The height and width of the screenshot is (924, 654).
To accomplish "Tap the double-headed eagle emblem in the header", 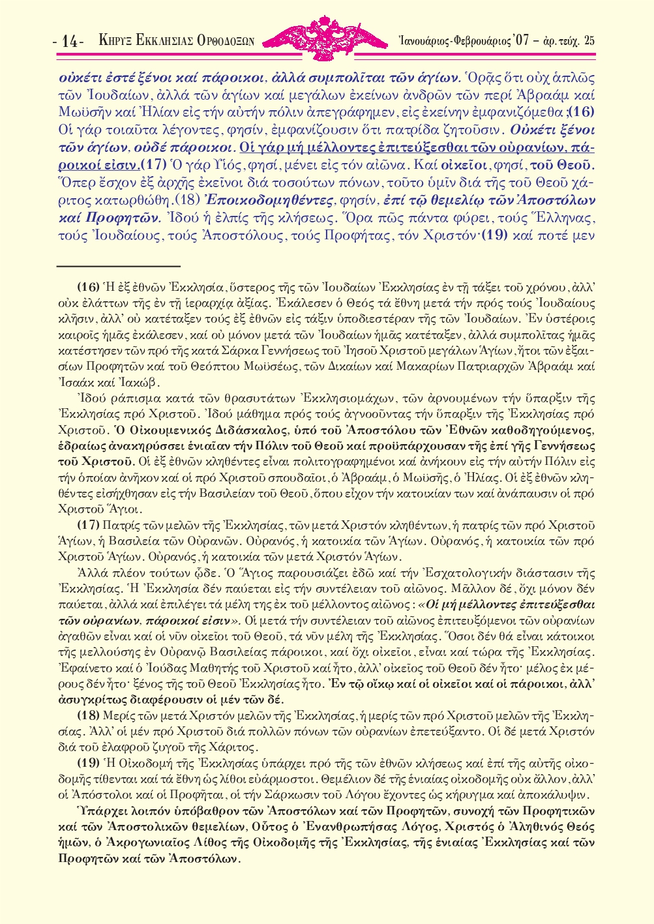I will tap(327, 38).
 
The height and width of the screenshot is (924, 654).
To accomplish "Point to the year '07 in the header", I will tap(520, 40).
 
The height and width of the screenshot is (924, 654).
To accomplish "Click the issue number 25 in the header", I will tap(589, 40).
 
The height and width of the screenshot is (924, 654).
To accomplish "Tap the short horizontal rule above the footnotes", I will tap(118, 266).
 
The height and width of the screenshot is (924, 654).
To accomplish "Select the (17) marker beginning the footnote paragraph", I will tap(89, 525).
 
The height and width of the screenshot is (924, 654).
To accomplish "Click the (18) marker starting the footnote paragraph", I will tap(89, 715).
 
